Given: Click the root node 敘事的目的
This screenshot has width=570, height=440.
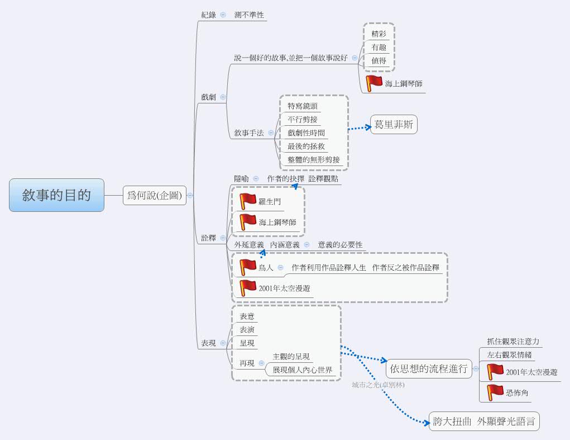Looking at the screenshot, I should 56,195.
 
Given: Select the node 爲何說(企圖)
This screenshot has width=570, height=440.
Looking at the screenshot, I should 155,196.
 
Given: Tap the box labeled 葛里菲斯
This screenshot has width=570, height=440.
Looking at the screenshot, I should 394,125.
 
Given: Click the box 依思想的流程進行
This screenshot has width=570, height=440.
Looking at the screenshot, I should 429,368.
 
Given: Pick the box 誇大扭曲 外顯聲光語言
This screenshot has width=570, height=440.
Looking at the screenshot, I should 483,422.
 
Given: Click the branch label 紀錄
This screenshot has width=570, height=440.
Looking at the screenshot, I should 208,15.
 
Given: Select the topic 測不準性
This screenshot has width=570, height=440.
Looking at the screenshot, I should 249,15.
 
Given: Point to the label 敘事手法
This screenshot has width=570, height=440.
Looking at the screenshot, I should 248,133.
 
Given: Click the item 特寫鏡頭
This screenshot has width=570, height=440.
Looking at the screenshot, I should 303,106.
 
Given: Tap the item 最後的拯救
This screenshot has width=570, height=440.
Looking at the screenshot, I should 306,146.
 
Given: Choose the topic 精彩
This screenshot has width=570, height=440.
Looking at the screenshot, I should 379,34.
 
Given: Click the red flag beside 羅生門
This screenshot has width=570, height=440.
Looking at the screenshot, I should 248,202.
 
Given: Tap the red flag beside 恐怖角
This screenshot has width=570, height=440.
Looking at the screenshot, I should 495,392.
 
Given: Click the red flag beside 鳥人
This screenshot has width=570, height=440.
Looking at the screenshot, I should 248,268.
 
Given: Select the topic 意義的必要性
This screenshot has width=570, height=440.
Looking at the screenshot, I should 340,245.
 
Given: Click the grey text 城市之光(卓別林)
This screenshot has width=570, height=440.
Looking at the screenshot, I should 378,385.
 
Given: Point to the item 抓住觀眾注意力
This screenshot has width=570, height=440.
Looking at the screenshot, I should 513,342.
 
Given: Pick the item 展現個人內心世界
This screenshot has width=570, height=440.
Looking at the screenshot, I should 302,370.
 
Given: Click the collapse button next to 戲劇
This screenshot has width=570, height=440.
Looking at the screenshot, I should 223,97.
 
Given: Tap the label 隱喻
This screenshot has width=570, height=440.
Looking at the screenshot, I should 241,179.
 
